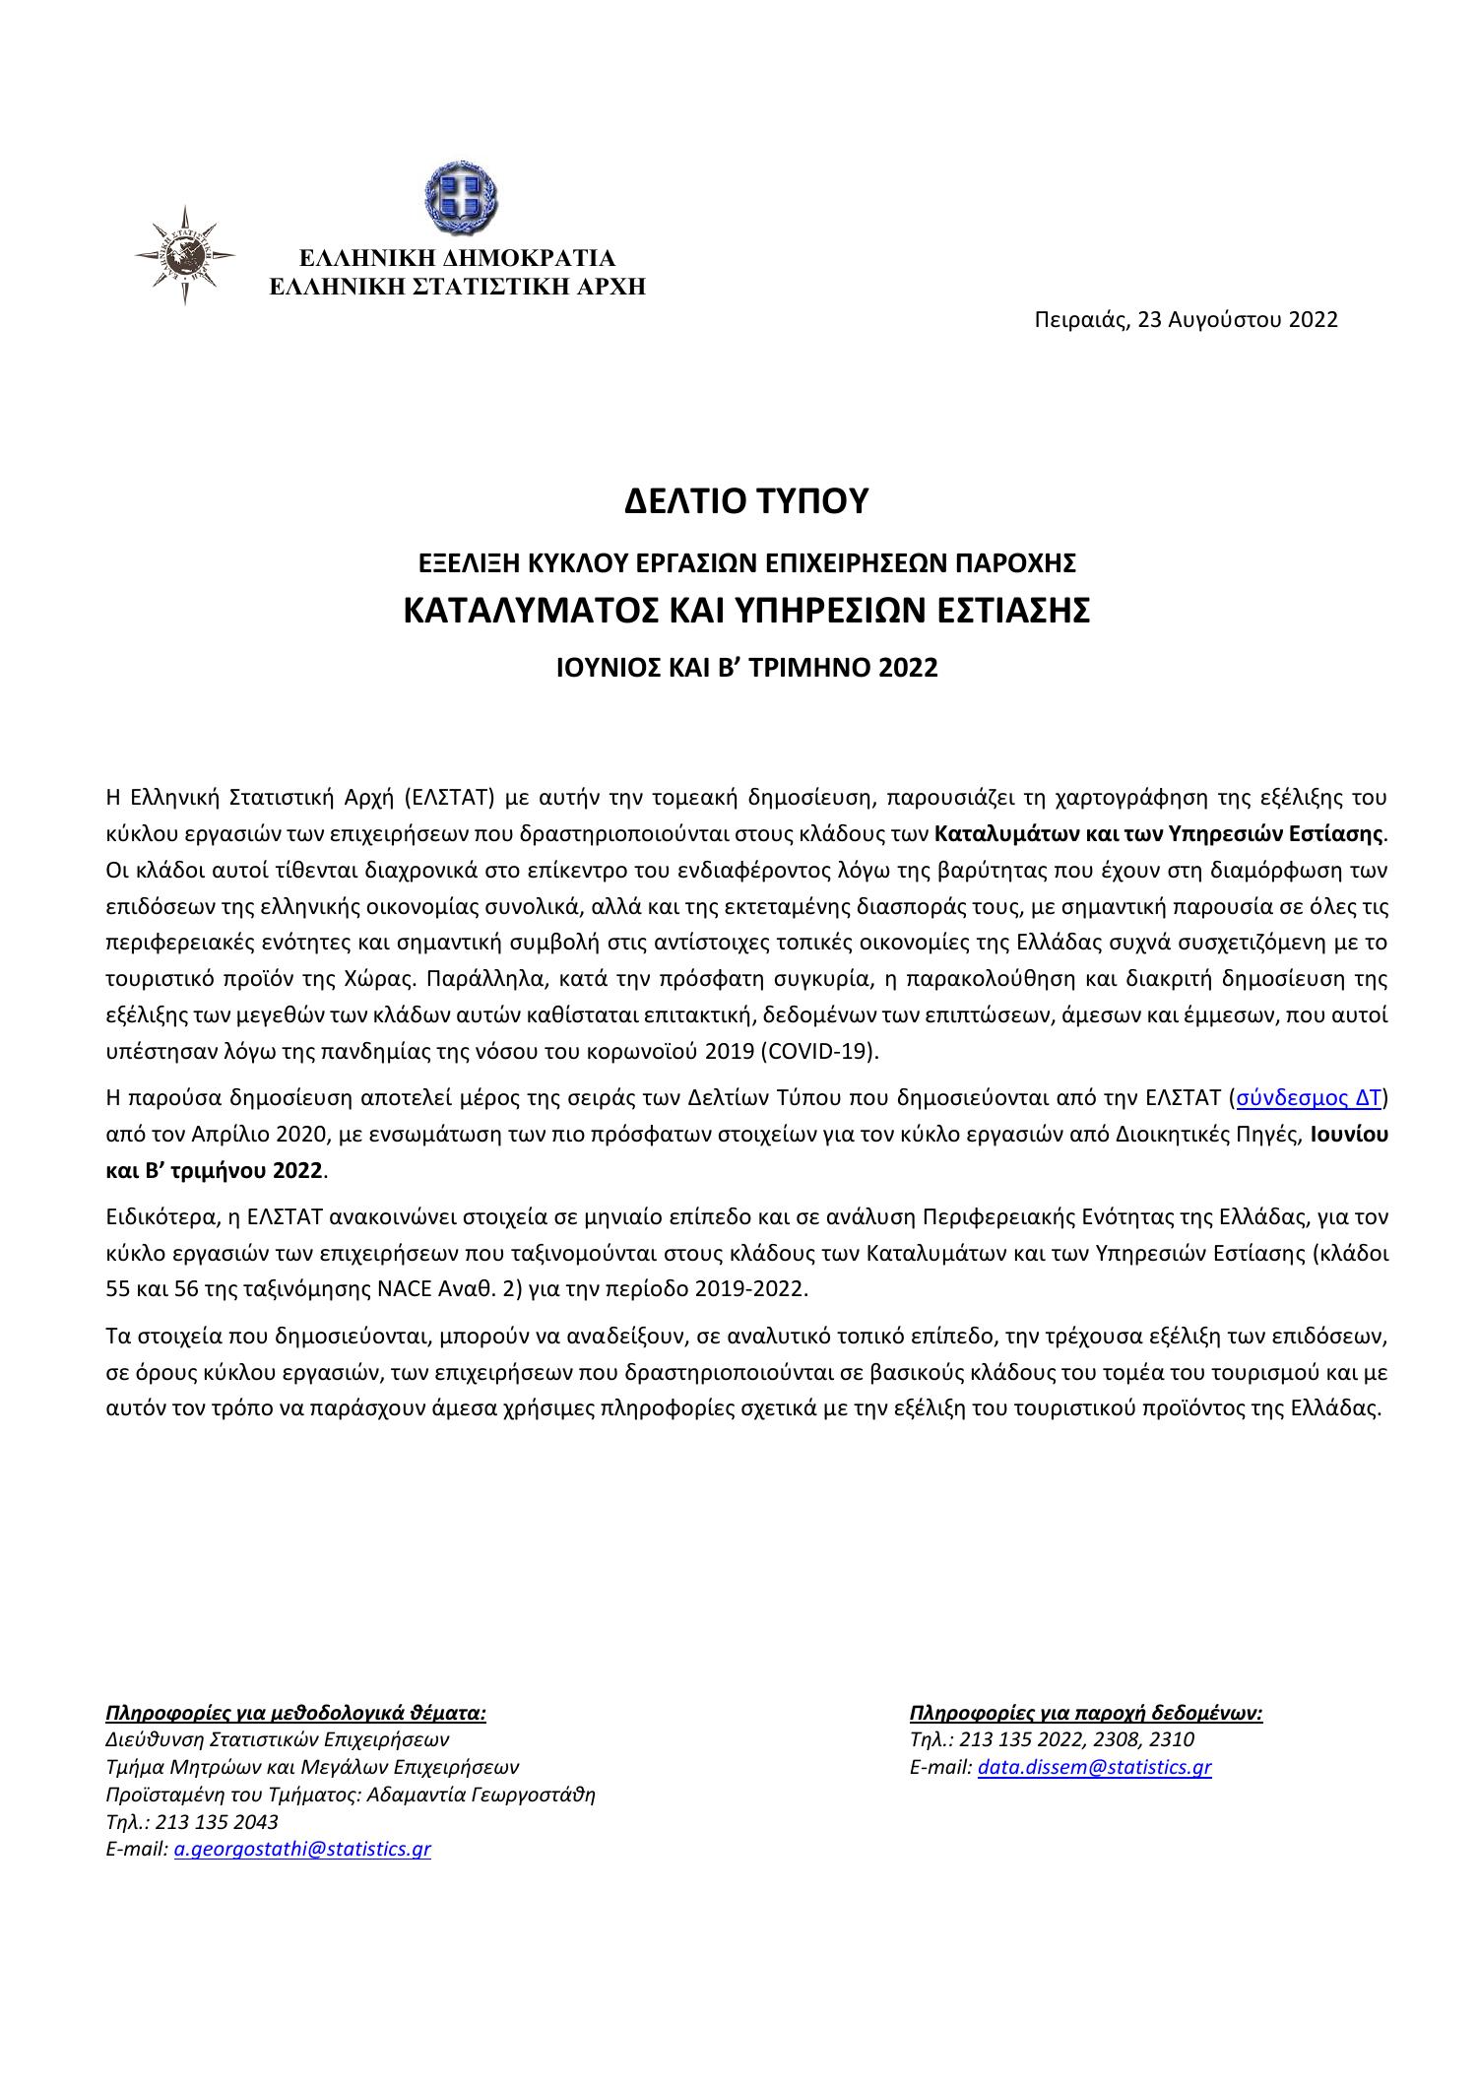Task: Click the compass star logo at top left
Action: tap(184, 255)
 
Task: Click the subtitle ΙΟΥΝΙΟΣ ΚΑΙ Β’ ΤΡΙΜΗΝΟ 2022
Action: tap(746, 668)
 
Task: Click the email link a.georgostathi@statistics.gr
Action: tap(302, 1849)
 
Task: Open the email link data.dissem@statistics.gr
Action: tap(1094, 1767)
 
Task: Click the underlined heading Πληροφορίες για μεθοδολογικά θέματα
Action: tap(295, 1713)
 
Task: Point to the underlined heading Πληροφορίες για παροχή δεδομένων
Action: tap(1086, 1713)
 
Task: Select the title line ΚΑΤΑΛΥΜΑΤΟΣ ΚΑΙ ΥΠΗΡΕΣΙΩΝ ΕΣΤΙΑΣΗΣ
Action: tap(746, 611)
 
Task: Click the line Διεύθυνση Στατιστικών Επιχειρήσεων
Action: tap(277, 1739)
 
